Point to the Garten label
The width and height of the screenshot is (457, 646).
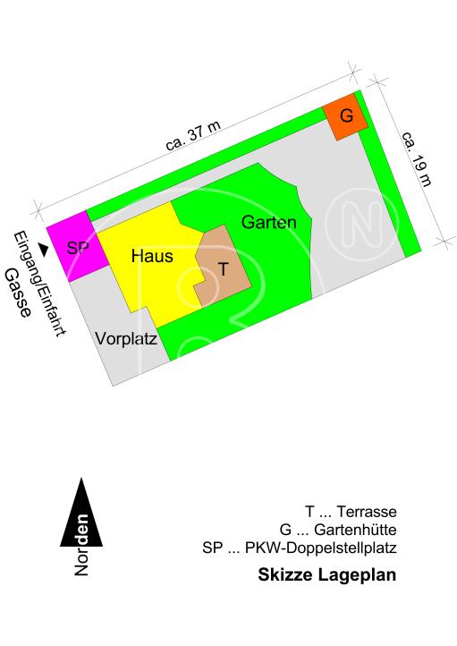[268, 222]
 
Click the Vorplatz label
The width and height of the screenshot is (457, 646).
[126, 339]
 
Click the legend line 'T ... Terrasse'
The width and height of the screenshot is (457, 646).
[350, 512]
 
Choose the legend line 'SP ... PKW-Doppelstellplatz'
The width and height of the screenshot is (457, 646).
[300, 547]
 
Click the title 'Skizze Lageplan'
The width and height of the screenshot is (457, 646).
[326, 574]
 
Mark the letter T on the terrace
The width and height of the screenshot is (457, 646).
[223, 268]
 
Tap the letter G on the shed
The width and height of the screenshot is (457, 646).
[347, 116]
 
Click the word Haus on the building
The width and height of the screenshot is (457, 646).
[151, 256]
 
